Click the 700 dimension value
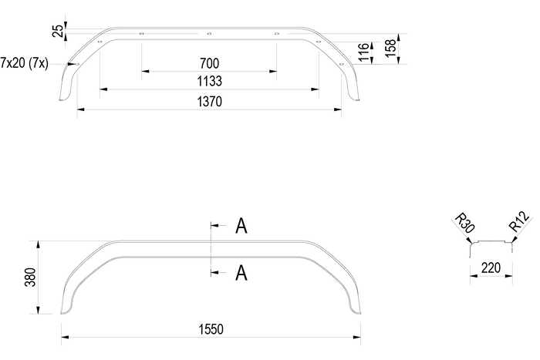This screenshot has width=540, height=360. point(209,63)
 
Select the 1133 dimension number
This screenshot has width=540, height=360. point(209,81)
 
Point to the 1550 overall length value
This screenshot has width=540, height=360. point(209,329)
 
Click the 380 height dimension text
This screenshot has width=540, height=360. point(30,278)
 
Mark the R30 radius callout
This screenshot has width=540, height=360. point(464,224)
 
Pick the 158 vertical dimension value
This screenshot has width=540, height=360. point(392,48)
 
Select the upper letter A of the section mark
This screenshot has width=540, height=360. point(241,226)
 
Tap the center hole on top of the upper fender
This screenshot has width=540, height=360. point(209,34)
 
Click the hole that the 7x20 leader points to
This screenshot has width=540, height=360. point(77,64)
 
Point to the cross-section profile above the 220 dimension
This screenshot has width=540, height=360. point(491,244)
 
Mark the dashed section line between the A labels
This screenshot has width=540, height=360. point(210,248)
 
